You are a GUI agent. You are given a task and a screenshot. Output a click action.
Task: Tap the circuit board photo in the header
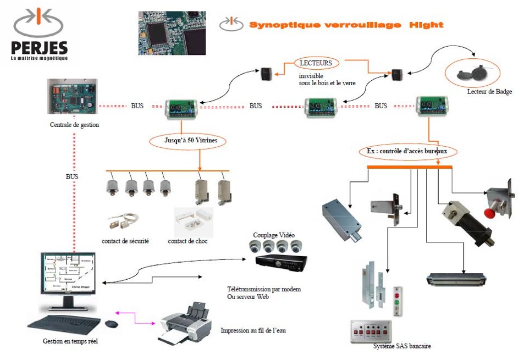point(171,32)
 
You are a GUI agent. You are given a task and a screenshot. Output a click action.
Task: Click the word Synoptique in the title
point(280,25)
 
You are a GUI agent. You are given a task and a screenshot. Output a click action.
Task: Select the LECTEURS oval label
point(316,63)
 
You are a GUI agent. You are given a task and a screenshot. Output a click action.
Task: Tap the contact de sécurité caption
point(125,241)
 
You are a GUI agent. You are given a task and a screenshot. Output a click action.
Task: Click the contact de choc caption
point(187,241)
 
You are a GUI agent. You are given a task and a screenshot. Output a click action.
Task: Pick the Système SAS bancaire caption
point(401,346)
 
